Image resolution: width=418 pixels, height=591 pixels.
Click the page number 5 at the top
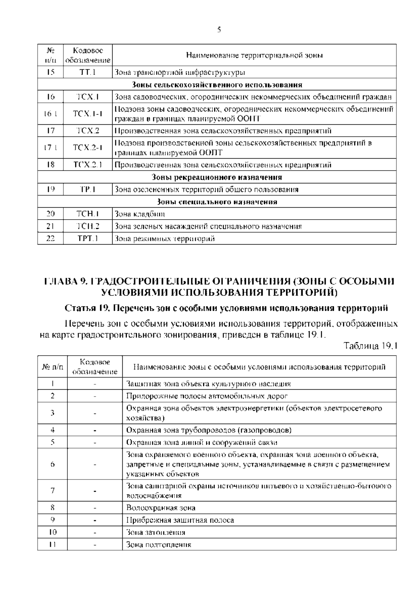(x=219, y=30)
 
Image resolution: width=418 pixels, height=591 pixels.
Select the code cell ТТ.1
(x=87, y=72)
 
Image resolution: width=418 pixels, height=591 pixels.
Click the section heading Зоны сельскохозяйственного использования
(x=217, y=85)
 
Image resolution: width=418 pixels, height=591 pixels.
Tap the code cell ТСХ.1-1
(x=87, y=114)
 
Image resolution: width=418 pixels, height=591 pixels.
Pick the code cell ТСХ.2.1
(x=87, y=165)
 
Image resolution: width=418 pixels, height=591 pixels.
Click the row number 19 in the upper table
(x=51, y=190)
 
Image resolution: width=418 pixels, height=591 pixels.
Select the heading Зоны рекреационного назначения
(x=217, y=177)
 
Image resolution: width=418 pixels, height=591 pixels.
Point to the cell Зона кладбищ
(x=140, y=214)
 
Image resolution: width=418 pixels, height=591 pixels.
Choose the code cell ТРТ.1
(x=87, y=239)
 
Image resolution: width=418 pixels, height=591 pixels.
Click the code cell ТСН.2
(x=87, y=227)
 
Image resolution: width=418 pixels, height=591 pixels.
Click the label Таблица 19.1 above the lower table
(x=370, y=346)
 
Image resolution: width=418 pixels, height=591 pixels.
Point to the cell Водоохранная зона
(x=161, y=508)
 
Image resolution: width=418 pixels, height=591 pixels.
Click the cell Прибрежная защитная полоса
(x=180, y=520)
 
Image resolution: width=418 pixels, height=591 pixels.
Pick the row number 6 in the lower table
(x=52, y=464)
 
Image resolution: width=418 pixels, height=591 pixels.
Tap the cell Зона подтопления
(x=158, y=545)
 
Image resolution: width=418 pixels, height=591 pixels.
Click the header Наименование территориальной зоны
(x=254, y=55)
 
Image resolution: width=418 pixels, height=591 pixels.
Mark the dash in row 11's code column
(x=95, y=545)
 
